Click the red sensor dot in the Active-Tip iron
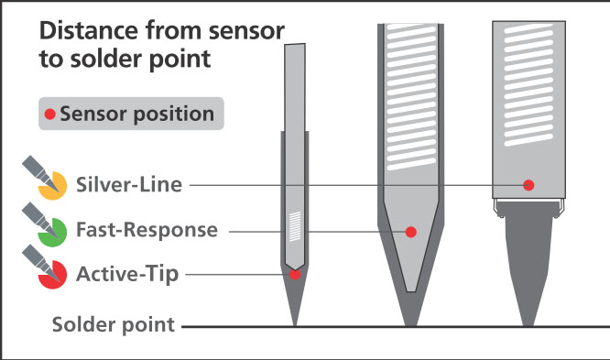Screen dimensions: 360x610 tap(295, 274)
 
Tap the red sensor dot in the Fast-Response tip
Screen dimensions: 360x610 tap(411, 233)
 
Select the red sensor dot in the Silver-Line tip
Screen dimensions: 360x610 tap(528, 185)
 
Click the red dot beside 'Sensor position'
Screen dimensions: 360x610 tap(50, 115)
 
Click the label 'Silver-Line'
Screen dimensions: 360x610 tap(129, 185)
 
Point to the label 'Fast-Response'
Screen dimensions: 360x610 tap(147, 230)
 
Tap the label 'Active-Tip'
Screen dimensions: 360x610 tap(128, 273)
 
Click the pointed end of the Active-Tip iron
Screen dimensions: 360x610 tap(295, 323)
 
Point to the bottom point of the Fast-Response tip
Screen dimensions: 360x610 tap(411, 323)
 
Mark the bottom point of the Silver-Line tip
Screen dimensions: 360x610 tap(528, 323)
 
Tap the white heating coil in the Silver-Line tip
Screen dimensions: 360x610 tap(528, 87)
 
